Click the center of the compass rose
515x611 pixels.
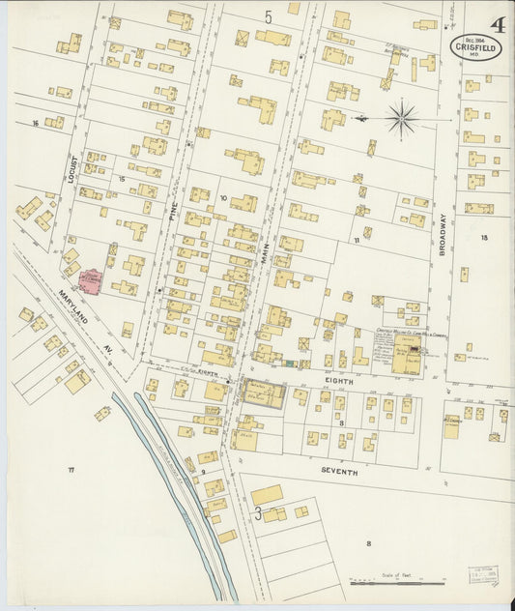click(399, 120)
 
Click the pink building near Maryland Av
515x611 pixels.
click(90, 280)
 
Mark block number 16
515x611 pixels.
click(35, 123)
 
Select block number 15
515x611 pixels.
click(122, 179)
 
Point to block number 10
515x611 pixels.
click(222, 198)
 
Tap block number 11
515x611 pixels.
click(356, 238)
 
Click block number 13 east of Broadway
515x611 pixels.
click(484, 237)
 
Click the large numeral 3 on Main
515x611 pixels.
click(258, 512)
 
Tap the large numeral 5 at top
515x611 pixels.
click(268, 16)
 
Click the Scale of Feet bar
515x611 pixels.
click(396, 583)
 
